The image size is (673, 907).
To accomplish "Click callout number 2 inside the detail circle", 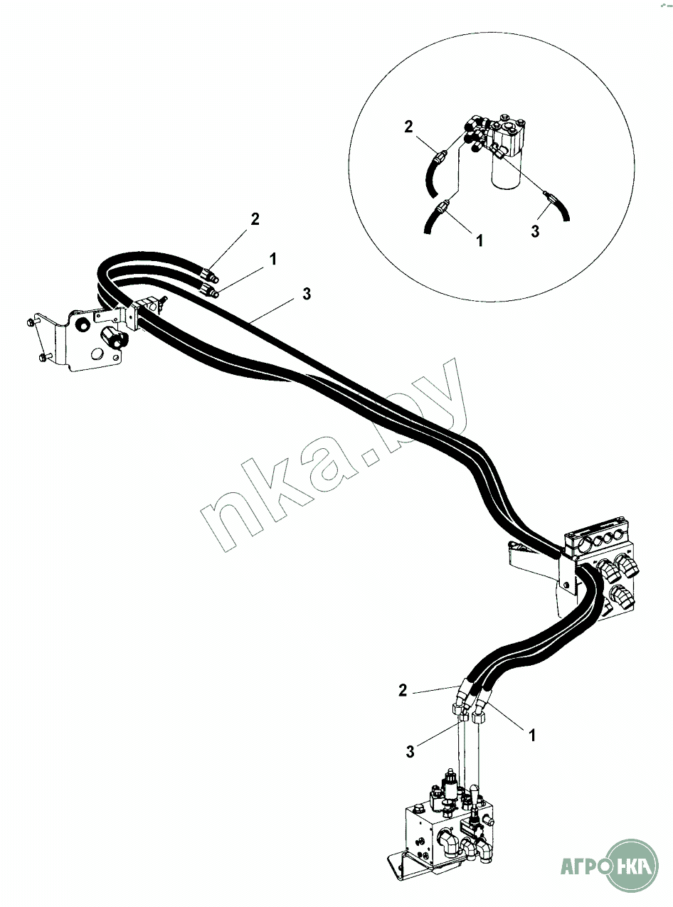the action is [408, 127].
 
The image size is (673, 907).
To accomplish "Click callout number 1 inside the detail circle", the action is [479, 240].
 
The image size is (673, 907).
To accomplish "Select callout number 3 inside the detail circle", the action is [535, 231].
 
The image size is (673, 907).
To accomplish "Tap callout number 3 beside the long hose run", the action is [307, 294].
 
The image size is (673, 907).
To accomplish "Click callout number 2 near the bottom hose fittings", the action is [403, 689].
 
